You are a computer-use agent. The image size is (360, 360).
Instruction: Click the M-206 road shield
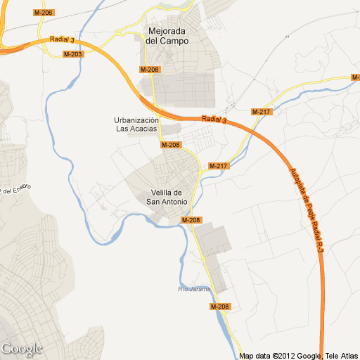click(x=44, y=13)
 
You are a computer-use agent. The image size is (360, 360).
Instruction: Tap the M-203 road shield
click(x=72, y=54)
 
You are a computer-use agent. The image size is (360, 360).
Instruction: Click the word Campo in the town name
click(x=176, y=41)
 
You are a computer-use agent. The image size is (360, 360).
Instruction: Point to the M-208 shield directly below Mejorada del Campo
click(x=150, y=70)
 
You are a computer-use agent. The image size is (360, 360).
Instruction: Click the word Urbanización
click(x=141, y=120)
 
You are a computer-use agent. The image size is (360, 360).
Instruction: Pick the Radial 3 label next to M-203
click(x=63, y=41)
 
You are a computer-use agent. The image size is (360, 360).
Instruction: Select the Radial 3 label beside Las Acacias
click(x=214, y=120)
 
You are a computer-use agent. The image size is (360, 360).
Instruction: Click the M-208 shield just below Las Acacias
click(x=171, y=145)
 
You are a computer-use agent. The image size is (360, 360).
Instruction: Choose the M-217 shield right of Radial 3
click(x=261, y=112)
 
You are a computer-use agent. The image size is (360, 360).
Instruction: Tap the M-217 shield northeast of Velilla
click(x=219, y=166)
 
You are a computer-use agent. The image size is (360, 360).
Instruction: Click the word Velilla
click(x=167, y=193)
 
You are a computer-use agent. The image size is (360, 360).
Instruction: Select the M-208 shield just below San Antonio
click(x=191, y=220)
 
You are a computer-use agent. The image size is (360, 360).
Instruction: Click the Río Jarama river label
click(x=193, y=288)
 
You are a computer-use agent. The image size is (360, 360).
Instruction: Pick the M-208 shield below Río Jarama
click(x=220, y=307)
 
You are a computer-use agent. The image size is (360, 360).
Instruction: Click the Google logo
click(x=22, y=349)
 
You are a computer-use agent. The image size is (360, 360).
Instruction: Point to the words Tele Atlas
click(x=342, y=356)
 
